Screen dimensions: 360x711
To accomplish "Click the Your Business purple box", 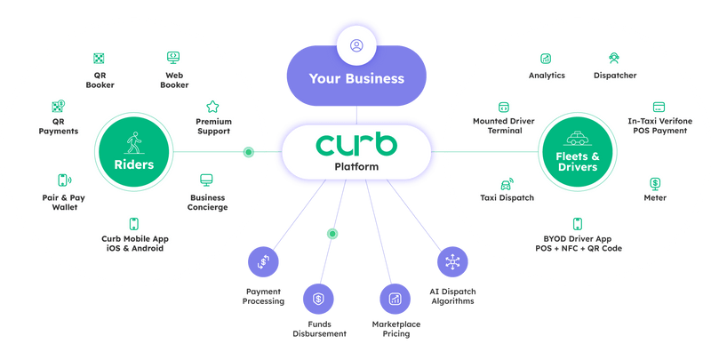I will point(356,78).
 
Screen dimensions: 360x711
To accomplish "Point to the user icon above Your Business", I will point(356,44).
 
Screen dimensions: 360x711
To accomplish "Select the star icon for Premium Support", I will point(212,106).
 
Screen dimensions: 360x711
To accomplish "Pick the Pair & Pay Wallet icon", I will point(64,180).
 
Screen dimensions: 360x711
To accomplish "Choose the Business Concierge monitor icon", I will point(207,180).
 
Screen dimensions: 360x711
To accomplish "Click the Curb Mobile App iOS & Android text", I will point(133,243).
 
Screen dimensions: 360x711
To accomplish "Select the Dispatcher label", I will point(614,76).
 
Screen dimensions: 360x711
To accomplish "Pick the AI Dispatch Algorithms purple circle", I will point(450,262).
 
